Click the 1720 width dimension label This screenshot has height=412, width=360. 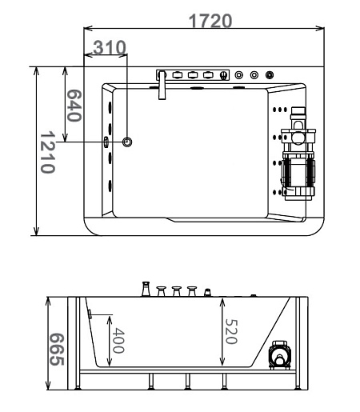tap(210, 21)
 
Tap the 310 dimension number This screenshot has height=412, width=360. tap(110, 47)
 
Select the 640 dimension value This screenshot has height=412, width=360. tap(74, 106)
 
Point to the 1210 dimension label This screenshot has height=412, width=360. tap(48, 152)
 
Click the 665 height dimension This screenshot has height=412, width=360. tap(57, 349)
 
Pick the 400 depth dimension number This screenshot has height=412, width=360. tap(118, 341)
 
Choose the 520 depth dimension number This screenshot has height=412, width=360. tap(231, 331)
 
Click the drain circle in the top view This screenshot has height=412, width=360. tap(127, 142)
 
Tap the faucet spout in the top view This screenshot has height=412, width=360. tap(162, 86)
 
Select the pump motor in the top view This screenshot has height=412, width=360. tap(298, 154)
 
